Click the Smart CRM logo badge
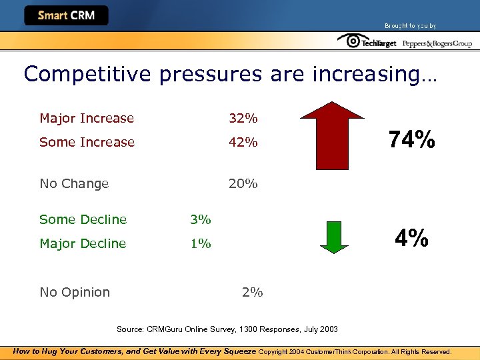pos(66,15)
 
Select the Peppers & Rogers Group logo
pos(437,43)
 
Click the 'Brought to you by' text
pos(410,26)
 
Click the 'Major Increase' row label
pos(87,119)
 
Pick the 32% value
pos(243,119)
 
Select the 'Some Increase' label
pos(87,142)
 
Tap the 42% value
pos(243,142)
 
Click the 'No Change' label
pos(74,183)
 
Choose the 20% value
pos(243,183)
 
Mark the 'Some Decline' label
pos(83,219)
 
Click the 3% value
pos(200,219)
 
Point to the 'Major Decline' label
pos(83,243)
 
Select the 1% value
pos(200,243)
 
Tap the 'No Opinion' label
pos(75,292)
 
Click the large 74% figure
pos(412,140)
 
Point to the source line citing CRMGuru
pos(227,329)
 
